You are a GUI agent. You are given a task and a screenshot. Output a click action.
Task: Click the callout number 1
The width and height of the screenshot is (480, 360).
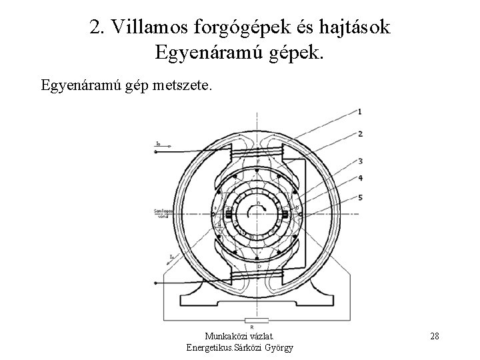point(360,111)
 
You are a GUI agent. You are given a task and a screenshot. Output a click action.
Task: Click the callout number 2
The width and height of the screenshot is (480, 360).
point(360,134)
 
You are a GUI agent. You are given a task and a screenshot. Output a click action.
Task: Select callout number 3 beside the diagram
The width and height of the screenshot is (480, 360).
point(360,161)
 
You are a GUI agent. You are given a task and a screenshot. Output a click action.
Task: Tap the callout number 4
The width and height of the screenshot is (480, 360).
point(360,178)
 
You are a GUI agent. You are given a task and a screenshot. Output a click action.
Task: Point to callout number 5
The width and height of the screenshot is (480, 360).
point(360,198)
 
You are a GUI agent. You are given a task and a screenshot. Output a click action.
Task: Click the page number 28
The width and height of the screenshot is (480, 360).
point(434,336)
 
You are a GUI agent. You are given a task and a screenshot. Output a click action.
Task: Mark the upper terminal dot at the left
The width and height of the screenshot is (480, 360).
point(155,152)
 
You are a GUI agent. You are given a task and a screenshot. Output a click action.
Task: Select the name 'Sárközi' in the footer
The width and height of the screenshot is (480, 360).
point(257,347)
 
